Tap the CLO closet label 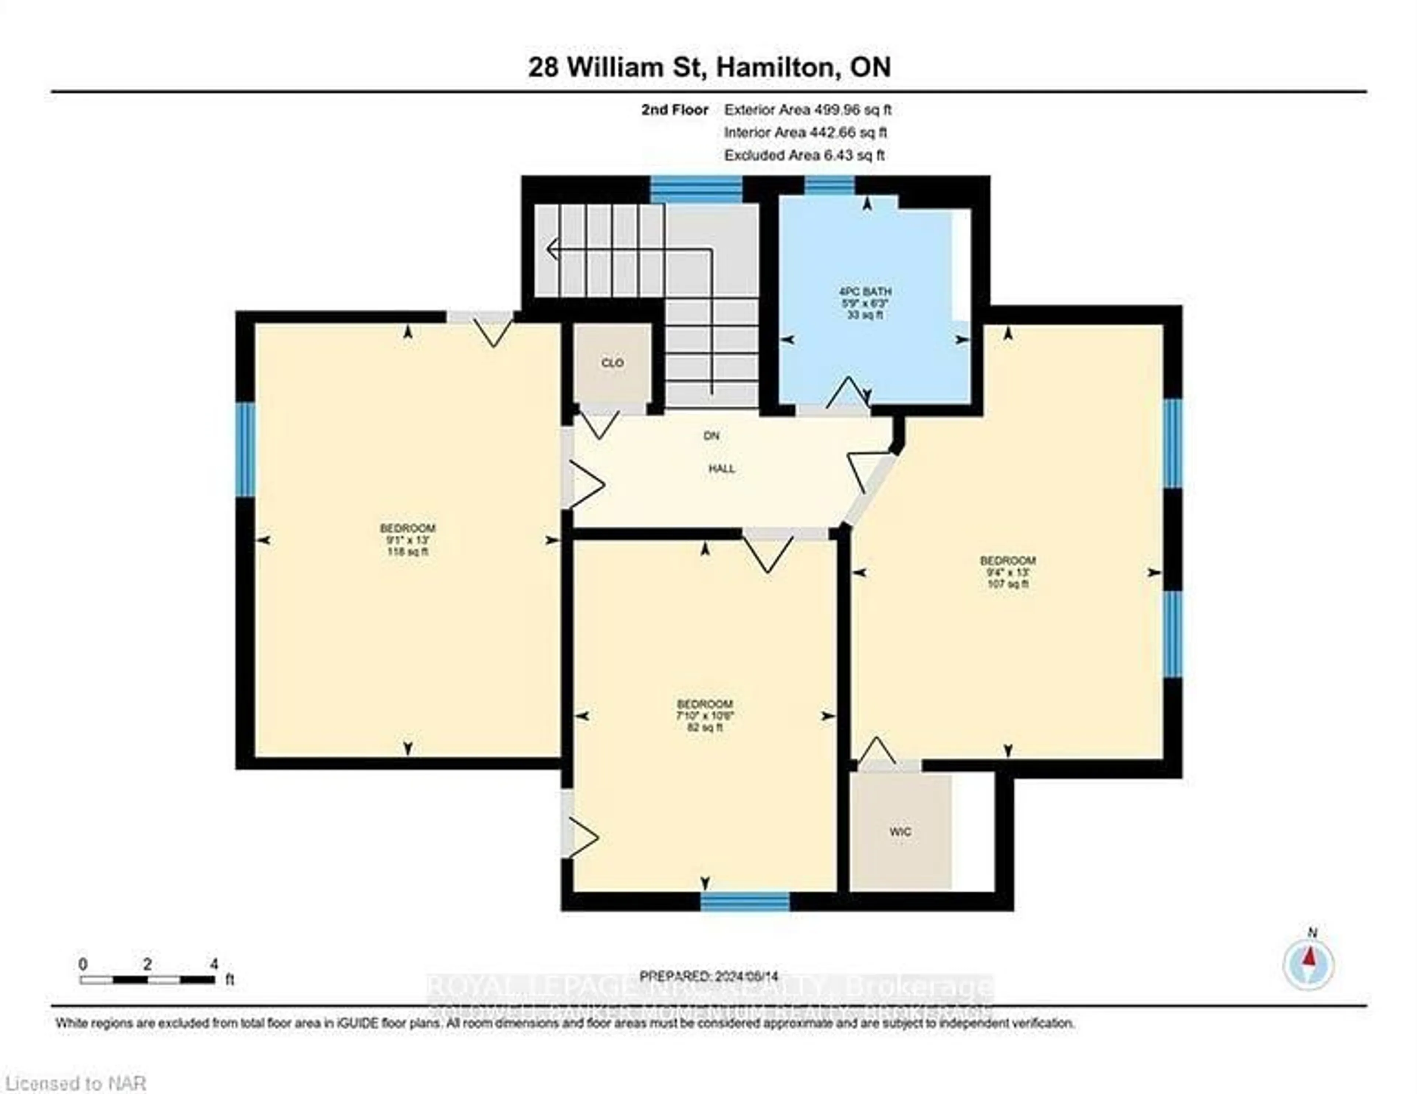point(613,363)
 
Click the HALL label point(721,469)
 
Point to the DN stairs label point(712,436)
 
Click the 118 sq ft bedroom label point(407,540)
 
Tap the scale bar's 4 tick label point(214,964)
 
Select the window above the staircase point(696,190)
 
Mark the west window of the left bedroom point(245,450)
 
